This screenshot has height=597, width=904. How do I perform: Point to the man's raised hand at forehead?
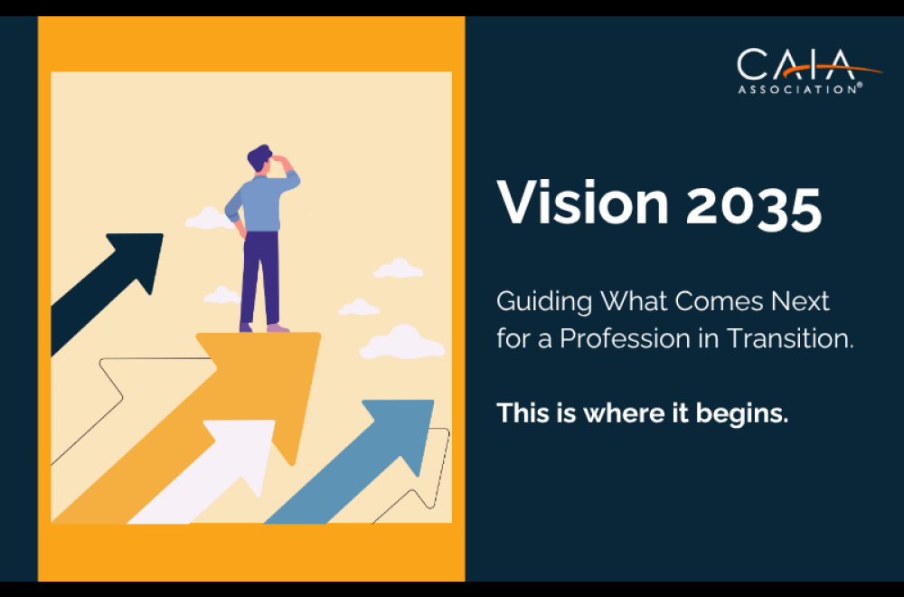tap(283, 162)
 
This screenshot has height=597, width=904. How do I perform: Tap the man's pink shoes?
tap(268, 327)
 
